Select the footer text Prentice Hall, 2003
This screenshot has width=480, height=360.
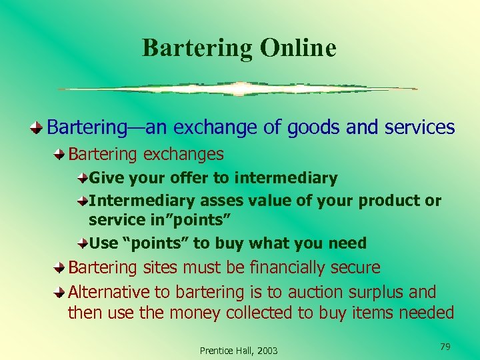239,350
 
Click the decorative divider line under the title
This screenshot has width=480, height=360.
237,89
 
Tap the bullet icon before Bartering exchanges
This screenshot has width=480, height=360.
60,155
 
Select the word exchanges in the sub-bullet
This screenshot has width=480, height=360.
185,155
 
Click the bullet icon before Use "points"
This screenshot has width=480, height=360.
81,243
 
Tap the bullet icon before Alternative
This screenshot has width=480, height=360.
60,292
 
